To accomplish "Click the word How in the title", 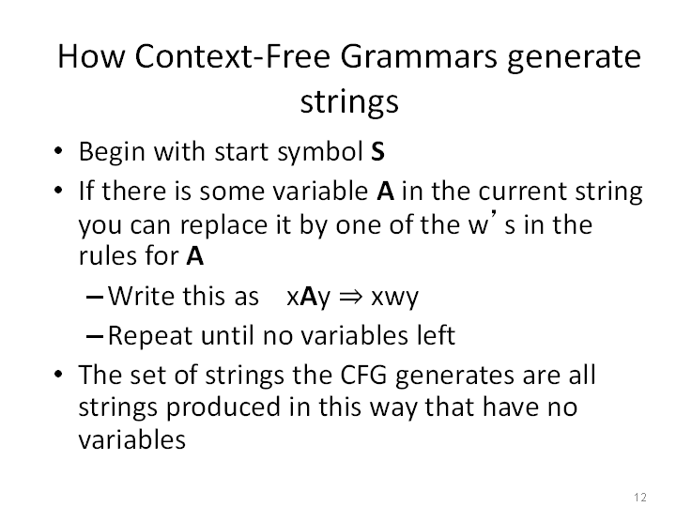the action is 91,56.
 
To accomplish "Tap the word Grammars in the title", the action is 419,56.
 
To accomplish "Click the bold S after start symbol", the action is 377,151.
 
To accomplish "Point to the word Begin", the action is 112,152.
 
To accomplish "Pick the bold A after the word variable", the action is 386,191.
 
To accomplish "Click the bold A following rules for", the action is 195,256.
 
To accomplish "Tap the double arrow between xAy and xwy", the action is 351,297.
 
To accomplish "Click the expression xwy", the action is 395,298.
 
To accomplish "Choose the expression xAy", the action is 308,297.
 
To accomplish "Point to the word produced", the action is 223,407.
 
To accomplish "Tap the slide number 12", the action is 640,497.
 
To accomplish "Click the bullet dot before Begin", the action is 58,151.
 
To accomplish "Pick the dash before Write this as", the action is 95,297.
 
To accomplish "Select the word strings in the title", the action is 349,102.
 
